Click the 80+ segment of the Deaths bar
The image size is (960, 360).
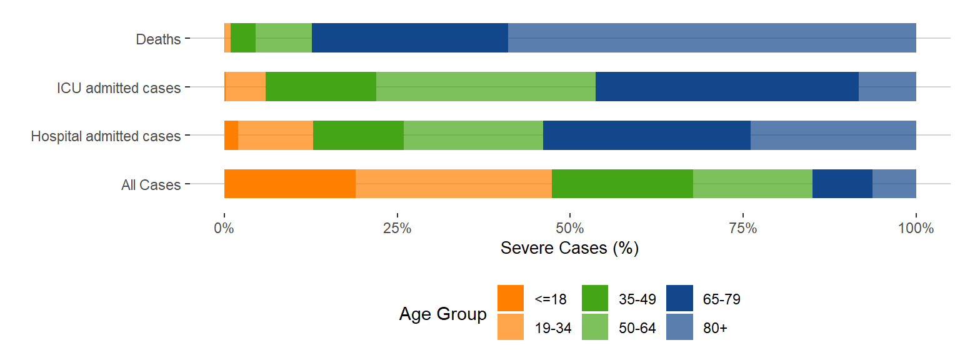pos(712,38)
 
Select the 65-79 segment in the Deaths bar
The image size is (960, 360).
pos(409,38)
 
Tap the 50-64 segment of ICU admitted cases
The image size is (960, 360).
pos(486,87)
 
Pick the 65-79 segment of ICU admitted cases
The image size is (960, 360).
pos(727,87)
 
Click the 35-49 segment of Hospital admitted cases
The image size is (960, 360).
pos(358,136)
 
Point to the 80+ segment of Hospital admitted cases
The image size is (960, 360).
pos(833,136)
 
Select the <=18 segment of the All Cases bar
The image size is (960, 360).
pos(289,184)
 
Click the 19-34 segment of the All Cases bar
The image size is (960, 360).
pos(453,184)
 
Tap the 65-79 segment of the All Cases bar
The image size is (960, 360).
pos(842,184)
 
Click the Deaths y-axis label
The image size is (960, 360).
pos(158,39)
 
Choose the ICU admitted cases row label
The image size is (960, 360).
pos(118,88)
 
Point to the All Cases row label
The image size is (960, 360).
pos(151,185)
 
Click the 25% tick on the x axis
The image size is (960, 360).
pos(397,228)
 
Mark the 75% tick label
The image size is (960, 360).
pos(743,228)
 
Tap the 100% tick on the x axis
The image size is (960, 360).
pos(916,228)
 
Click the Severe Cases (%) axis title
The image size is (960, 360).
pos(569,248)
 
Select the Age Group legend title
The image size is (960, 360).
pos(442,314)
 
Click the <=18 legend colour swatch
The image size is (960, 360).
pos(511,298)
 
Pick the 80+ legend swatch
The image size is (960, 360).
pos(679,327)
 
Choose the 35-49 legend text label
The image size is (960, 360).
pos(637,299)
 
